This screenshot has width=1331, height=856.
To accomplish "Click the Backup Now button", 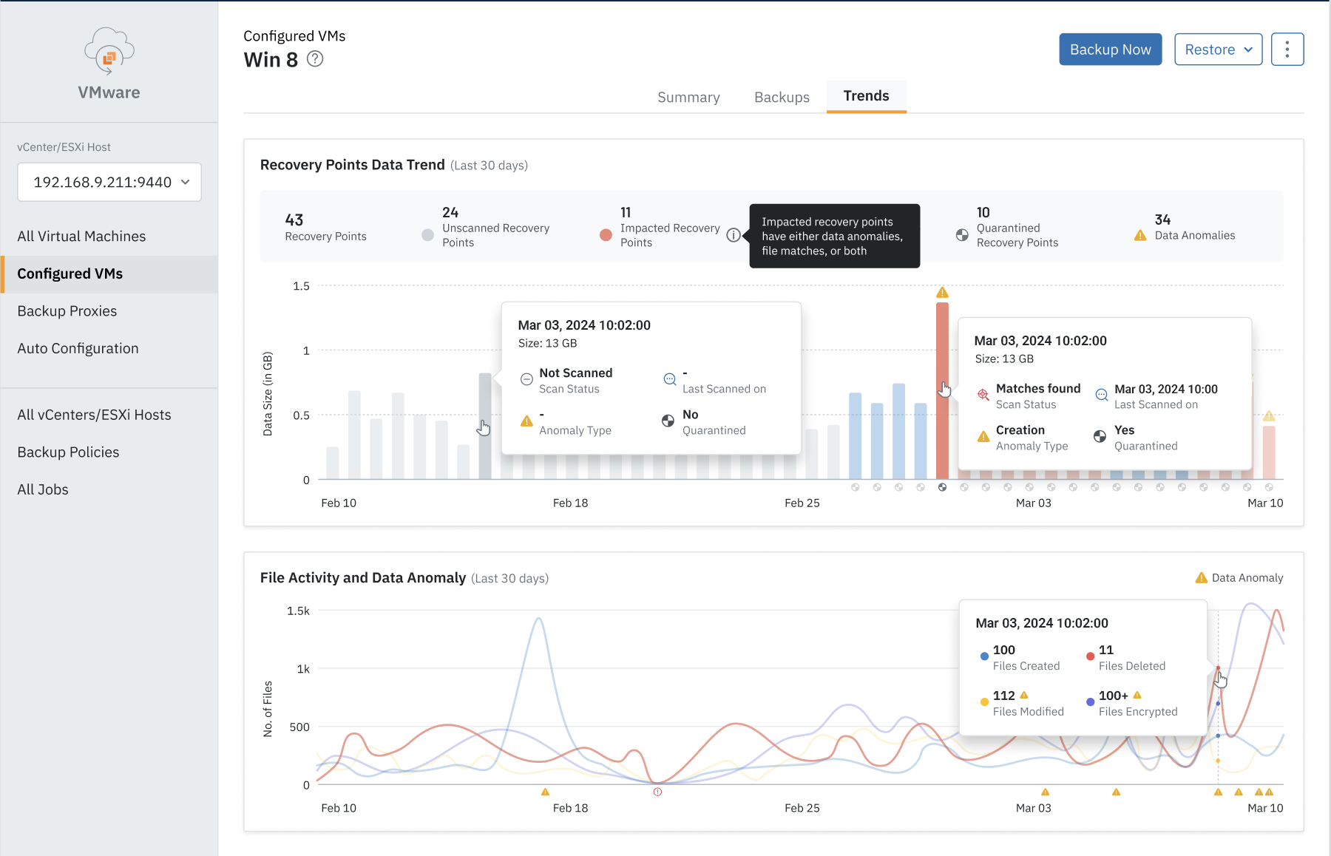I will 1110,50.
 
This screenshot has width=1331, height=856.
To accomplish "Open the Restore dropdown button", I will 1218,50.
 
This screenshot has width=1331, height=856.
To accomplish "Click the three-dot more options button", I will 1287,50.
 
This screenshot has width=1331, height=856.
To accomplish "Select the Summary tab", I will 688,97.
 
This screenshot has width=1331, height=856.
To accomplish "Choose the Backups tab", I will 782,97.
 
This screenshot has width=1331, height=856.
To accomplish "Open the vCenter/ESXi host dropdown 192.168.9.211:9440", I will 109,182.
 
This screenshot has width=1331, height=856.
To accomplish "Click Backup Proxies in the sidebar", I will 67,311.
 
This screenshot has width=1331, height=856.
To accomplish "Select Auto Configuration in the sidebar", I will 78,348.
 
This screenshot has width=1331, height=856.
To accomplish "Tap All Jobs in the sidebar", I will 43,489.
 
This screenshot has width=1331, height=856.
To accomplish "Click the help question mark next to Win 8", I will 315,59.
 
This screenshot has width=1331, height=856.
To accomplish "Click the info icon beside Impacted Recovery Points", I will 733,235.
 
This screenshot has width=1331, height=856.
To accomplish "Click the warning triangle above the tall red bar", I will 942,293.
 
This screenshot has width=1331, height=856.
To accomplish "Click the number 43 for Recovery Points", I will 294,220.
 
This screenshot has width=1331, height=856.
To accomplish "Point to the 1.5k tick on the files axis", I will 298,611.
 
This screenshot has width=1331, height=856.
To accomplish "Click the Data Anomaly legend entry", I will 1239,578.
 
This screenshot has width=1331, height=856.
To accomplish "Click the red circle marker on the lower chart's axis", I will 657,792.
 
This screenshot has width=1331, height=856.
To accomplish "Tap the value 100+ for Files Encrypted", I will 1113,696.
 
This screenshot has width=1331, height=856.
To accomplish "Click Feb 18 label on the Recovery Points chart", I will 570,503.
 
